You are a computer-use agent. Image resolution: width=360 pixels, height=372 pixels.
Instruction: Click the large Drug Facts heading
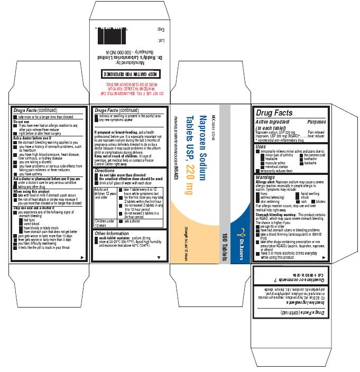[x=274, y=113]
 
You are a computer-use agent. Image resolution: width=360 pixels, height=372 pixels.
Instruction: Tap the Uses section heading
[x=260, y=146]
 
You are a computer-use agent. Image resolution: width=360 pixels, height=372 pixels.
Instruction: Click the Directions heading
[x=104, y=171]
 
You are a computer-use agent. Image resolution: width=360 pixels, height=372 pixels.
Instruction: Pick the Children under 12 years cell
[x=105, y=224]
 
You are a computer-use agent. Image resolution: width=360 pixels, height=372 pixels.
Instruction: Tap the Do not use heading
[x=23, y=122]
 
